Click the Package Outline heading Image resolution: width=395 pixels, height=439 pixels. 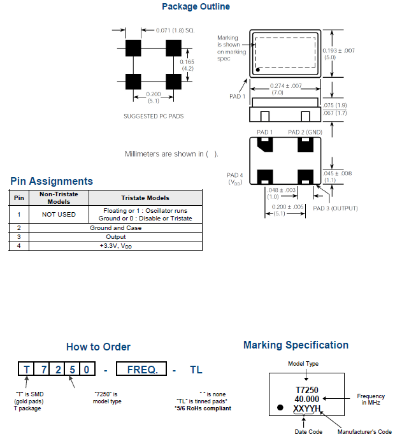point(196,7)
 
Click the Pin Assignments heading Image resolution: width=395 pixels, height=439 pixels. point(52,182)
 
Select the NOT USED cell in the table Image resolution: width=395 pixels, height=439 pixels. point(59,215)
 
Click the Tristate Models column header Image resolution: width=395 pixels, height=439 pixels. point(145,198)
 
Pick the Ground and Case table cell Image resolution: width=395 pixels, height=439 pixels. point(115,227)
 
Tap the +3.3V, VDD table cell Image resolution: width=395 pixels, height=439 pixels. point(115,245)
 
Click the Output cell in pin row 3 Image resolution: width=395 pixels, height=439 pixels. point(115,236)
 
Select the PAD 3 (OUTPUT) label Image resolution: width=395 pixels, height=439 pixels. point(335,208)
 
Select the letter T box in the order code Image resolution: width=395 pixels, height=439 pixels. point(26,369)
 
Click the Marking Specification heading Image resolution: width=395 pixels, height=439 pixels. point(296,345)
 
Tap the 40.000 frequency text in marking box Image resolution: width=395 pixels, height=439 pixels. point(307,398)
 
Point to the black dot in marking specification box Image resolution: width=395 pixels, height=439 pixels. point(280,407)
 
